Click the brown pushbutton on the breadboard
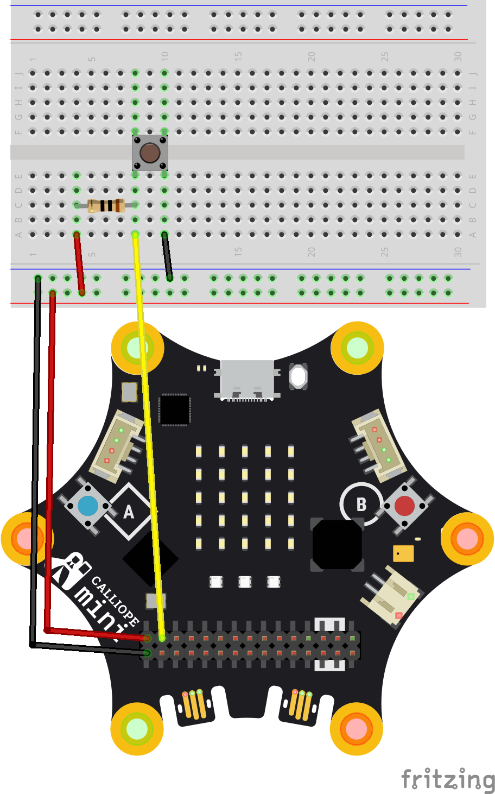(150, 153)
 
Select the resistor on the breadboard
(106, 205)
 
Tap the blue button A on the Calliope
(88, 506)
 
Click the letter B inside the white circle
(361, 505)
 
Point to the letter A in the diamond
(129, 512)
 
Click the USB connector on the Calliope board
(247, 379)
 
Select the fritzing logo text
(448, 780)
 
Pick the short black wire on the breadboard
(167, 256)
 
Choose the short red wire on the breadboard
(79, 263)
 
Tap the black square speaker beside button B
(337, 545)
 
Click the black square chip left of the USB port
(174, 409)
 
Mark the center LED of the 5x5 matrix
(245, 497)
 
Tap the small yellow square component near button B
(403, 553)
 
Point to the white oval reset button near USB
(299, 376)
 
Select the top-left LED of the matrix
(199, 451)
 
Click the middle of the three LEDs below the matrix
(245, 582)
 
